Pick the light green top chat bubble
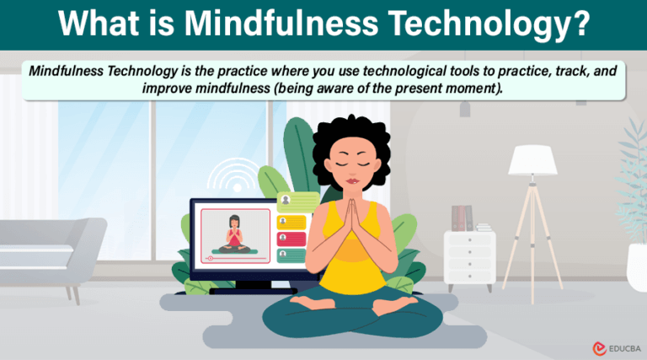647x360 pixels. tap(297, 201)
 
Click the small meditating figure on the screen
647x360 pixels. tap(234, 232)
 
